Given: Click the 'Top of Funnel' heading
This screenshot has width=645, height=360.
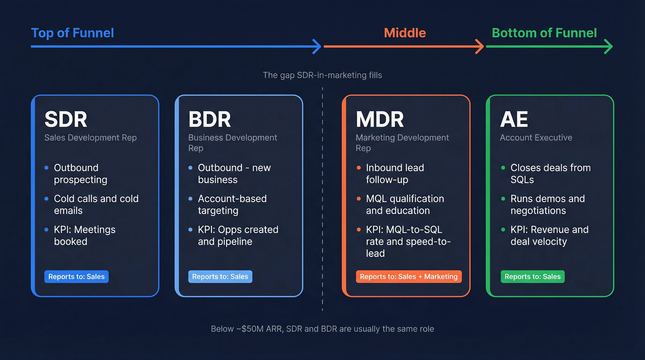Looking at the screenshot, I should tap(72, 33).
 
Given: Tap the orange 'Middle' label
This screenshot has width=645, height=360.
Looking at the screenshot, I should tap(405, 33).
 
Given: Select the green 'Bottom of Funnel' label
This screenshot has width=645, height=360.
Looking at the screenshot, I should tap(544, 33).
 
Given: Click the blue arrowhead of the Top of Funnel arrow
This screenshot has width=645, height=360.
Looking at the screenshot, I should tap(317, 47).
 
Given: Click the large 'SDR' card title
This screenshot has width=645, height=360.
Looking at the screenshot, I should tap(65, 119).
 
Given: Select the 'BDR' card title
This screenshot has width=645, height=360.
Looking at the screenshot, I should tap(210, 119).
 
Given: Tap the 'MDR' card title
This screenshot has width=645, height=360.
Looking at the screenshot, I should tap(380, 119).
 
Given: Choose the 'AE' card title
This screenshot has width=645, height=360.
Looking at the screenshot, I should tap(514, 119).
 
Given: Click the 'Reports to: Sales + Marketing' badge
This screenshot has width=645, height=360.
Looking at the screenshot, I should tap(409, 277).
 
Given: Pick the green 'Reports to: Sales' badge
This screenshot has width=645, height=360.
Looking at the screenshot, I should tap(532, 277).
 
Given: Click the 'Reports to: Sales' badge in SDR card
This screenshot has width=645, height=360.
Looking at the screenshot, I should tap(76, 277).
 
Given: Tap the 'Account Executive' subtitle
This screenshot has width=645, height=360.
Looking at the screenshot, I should tap(536, 137).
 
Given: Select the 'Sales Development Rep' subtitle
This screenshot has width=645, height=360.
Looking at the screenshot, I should tap(90, 137).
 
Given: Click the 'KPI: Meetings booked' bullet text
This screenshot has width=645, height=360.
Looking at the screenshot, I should tap(84, 235).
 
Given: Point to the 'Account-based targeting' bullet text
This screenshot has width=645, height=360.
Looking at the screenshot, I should tap(232, 204).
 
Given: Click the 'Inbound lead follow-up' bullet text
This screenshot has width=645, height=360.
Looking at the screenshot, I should tap(394, 173).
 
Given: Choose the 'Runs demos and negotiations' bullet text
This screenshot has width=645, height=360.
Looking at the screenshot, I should tap(547, 204).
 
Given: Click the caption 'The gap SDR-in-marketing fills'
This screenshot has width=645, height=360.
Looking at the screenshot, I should tap(322, 75).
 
